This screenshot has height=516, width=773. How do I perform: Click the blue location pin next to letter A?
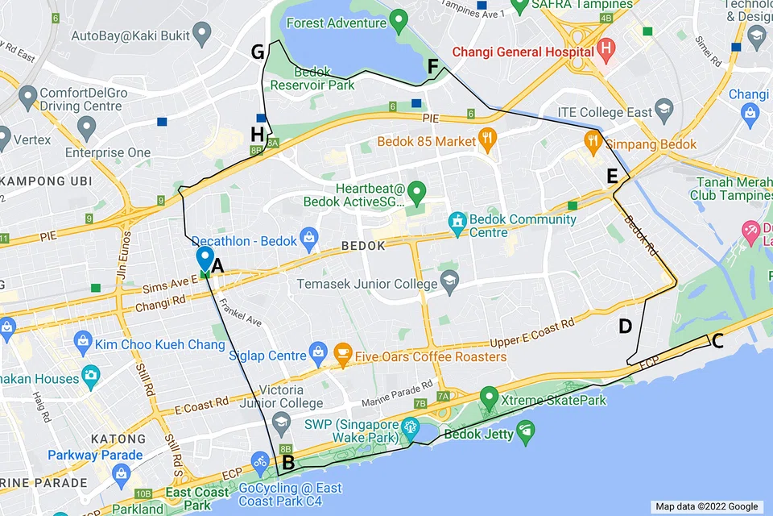205,260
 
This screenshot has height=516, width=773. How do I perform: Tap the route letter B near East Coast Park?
287,464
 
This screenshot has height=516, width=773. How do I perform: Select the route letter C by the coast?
717,341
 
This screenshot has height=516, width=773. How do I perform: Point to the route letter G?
258,53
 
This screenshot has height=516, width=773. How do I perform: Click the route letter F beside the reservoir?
433,67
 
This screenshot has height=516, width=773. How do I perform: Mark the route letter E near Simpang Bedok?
613,176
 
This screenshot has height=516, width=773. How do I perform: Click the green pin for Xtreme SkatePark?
488,397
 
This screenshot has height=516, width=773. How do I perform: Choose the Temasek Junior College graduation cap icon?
449,283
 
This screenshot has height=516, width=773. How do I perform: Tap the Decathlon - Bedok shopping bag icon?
308,239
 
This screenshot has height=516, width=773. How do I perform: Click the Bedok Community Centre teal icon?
457,219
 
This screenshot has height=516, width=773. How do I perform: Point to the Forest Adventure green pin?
397,19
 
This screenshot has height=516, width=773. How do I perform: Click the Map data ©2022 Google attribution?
706,506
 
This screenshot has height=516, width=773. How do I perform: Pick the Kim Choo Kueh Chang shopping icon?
82,344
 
